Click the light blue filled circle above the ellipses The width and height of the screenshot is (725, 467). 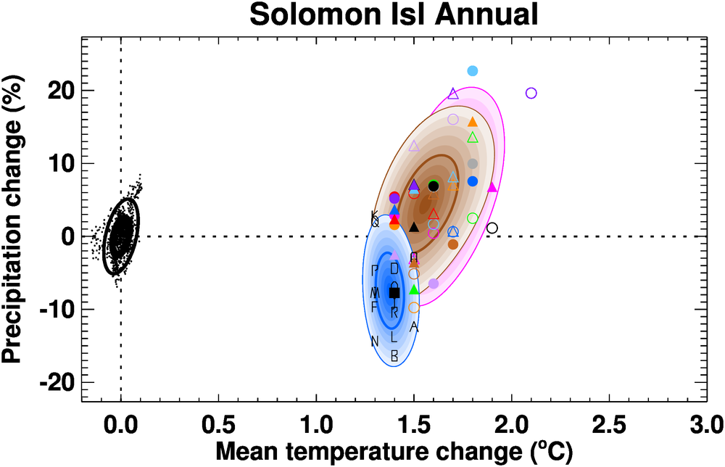click(473, 70)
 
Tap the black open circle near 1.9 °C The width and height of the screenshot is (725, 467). click(492, 228)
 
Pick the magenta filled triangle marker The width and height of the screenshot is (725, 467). click(492, 187)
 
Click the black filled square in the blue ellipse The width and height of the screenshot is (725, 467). click(394, 293)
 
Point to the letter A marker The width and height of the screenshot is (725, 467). click(414, 327)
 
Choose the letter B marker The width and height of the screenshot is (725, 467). click(394, 356)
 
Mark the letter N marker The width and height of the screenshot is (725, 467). click(375, 342)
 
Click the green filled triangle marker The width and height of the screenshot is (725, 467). click(414, 289)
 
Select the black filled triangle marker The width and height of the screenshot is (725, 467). click(414, 227)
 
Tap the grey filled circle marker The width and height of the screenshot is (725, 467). click(473, 164)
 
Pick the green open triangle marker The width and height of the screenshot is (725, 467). click(473, 138)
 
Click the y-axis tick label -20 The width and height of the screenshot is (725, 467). click(53, 382)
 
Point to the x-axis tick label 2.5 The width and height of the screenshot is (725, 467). click(608, 421)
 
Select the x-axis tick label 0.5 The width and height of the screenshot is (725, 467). click(217, 421)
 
